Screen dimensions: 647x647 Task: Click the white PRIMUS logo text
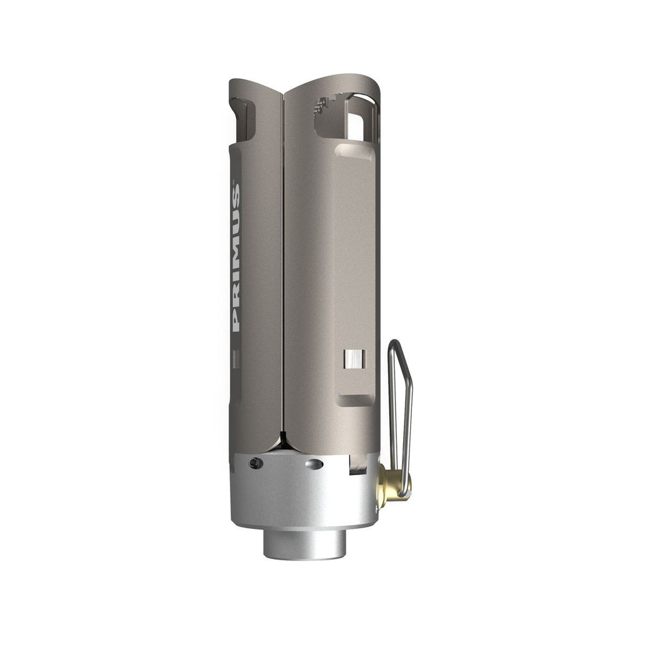click(236, 258)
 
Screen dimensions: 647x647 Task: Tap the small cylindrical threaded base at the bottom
click(305, 544)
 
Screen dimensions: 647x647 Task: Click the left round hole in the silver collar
click(255, 464)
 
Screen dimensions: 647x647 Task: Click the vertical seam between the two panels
click(283, 265)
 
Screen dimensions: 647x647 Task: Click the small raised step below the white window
click(356, 399)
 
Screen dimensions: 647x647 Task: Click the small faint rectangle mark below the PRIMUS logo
click(236, 360)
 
